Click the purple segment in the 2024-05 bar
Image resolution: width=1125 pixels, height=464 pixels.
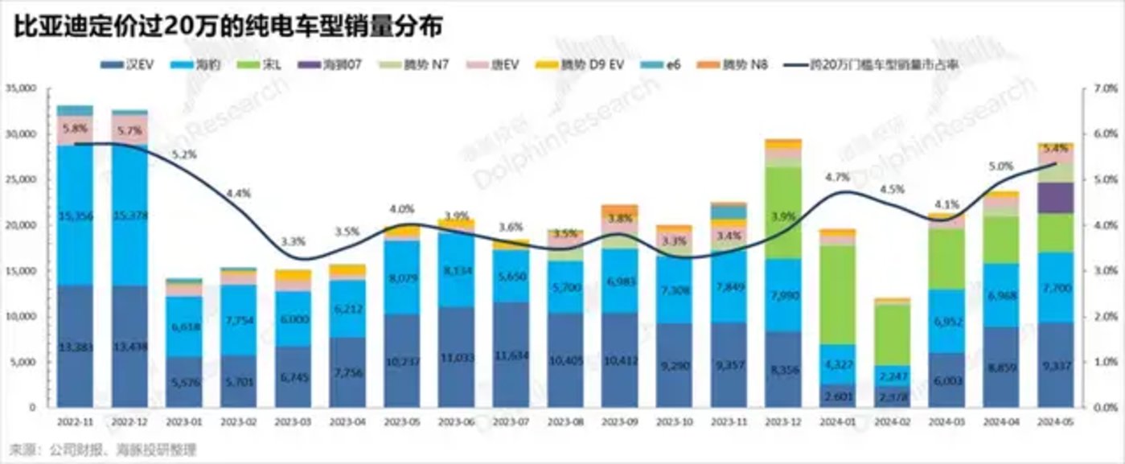pos(1055,198)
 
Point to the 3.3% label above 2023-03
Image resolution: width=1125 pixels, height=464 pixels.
pos(293,240)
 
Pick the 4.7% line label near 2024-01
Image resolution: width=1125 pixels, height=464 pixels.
pos(836,176)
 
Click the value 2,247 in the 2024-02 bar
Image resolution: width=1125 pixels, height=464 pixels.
pos(892,376)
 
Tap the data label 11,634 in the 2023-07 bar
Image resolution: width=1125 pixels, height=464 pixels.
pos(511,355)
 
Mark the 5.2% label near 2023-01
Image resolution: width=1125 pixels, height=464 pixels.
pos(183,154)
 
